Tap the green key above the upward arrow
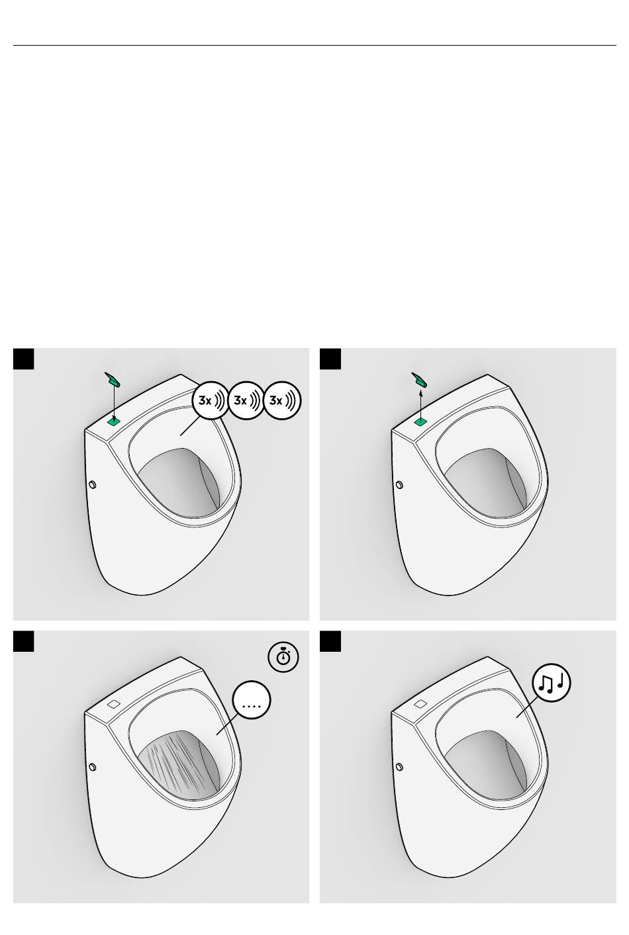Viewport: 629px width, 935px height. [419, 379]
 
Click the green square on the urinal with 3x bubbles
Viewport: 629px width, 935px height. [114, 420]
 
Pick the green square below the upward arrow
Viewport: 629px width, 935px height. [420, 421]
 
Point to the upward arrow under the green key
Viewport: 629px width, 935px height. [420, 403]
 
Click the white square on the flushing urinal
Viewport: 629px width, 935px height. [113, 704]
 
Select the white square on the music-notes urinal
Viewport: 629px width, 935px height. [420, 704]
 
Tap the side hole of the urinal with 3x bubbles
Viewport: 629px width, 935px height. [92, 485]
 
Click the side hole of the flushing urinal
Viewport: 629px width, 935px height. [92, 768]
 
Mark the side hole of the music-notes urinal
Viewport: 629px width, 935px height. [399, 768]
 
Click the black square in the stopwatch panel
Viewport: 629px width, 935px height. [24, 641]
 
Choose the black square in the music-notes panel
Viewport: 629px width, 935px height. [330, 641]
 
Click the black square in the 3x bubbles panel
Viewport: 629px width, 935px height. [24, 359]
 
